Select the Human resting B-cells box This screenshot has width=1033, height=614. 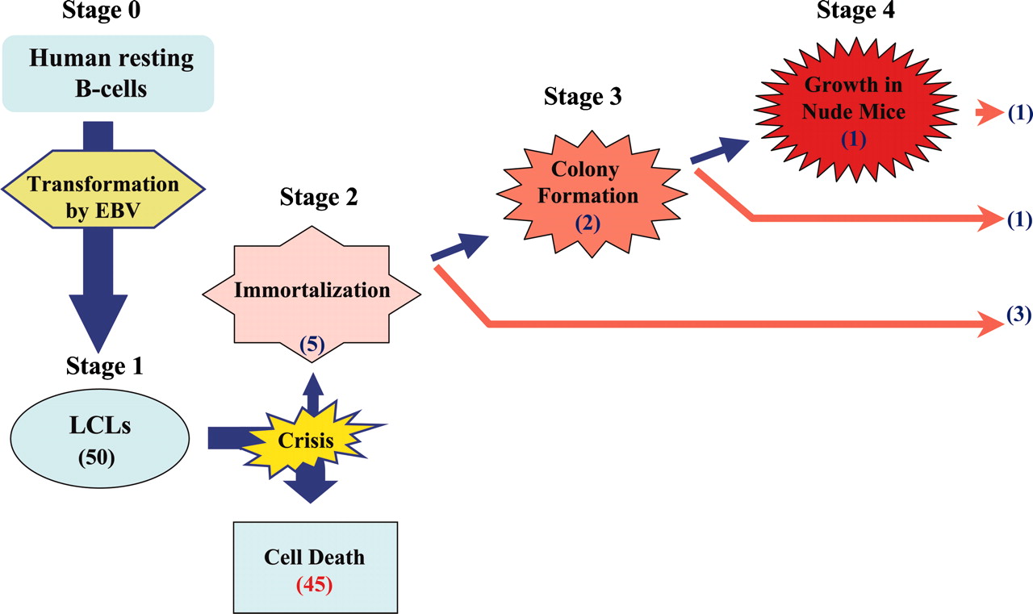tap(108, 73)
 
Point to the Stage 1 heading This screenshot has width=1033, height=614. tap(105, 367)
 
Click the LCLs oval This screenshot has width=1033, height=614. tap(100, 440)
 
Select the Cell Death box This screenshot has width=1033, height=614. tap(315, 566)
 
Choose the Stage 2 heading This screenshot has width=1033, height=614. tap(319, 196)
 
